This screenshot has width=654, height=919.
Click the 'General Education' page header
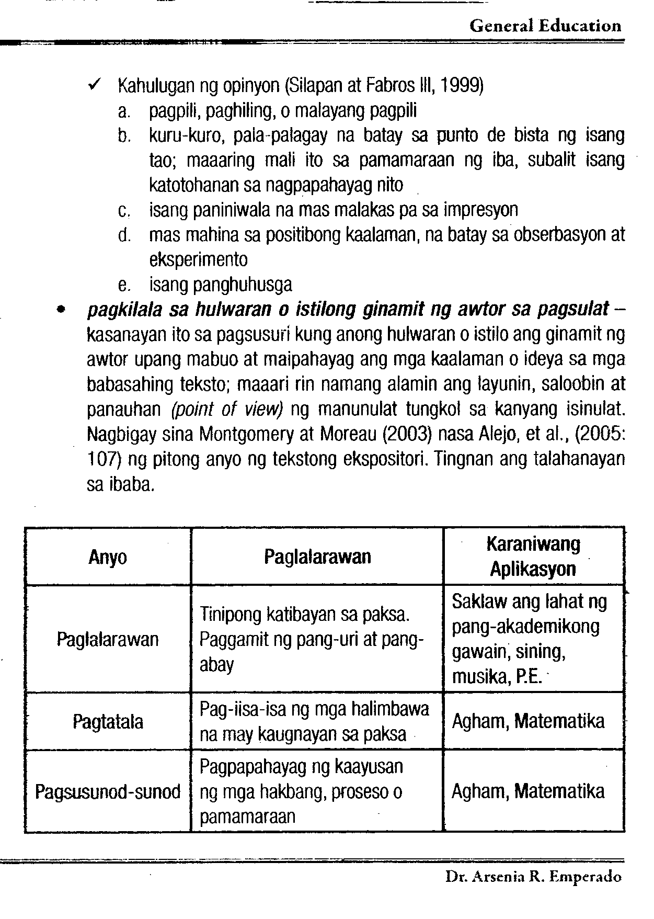(x=545, y=26)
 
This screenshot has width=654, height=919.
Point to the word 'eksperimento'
(x=198, y=260)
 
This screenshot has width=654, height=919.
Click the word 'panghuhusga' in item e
(x=243, y=285)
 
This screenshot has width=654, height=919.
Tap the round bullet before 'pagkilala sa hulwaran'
(x=62, y=310)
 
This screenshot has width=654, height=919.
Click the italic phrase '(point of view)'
(x=227, y=409)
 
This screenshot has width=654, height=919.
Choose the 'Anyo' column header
(x=107, y=557)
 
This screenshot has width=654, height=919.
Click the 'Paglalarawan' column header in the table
(x=317, y=557)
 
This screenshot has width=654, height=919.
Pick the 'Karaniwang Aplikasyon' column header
(x=533, y=557)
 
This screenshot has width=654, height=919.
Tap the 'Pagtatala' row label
(x=108, y=722)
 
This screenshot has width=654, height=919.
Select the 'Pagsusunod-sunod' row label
(x=108, y=791)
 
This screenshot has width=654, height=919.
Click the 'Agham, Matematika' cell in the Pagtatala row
(x=528, y=722)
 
